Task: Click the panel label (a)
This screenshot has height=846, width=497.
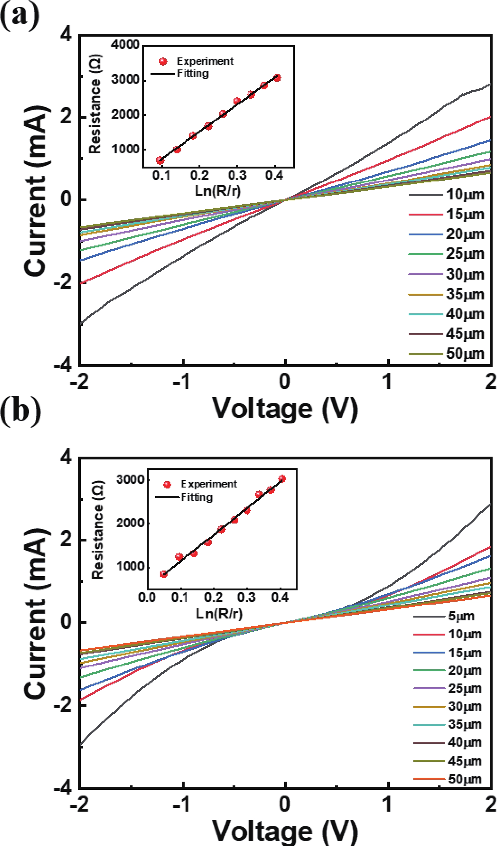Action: click(20, 16)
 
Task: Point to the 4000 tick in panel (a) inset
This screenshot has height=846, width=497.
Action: click(125, 44)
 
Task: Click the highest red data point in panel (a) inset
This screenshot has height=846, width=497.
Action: click(277, 78)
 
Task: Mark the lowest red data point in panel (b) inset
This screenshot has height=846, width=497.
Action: click(163, 574)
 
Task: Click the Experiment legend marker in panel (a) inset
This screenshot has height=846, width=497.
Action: click(163, 62)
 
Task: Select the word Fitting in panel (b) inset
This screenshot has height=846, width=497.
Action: click(197, 497)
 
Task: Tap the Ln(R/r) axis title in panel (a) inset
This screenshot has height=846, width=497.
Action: click(218, 191)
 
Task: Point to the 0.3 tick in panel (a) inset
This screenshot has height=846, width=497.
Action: click(237, 175)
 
